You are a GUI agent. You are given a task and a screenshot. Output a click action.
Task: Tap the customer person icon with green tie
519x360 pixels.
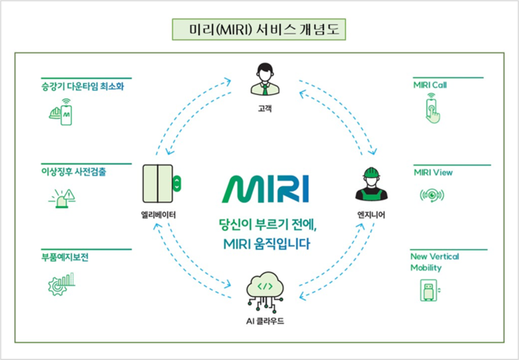coord(265,79)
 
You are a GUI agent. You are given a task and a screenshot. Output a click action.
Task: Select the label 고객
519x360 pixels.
coord(265,109)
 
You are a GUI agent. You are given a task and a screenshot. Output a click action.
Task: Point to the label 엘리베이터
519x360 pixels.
coord(158,215)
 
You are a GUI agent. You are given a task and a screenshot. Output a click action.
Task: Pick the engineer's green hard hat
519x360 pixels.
coord(371,172)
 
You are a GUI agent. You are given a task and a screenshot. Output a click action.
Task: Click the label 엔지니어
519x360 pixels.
coord(371,215)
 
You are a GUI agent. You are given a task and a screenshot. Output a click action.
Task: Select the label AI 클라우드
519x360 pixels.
coord(265,321)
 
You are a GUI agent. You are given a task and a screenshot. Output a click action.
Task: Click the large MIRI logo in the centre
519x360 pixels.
coord(265,189)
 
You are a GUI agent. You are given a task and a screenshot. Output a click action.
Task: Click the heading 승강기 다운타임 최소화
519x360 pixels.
coord(82,86)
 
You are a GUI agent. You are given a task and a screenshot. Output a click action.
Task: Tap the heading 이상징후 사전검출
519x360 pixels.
coord(73,172)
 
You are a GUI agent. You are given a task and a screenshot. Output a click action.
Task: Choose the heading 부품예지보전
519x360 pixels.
coord(65,257)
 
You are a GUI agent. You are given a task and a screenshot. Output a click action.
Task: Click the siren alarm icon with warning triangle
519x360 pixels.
coord(62,199)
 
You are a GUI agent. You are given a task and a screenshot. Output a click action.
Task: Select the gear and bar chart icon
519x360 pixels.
coord(61,284)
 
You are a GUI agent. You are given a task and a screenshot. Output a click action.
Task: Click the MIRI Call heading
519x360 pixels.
coord(430,85)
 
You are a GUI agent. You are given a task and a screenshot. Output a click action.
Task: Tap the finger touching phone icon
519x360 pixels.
coord(433,109)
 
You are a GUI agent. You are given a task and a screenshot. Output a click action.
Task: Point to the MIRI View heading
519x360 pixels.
coord(433,172)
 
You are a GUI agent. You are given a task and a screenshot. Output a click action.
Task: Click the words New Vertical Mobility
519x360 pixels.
coord(434,262)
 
